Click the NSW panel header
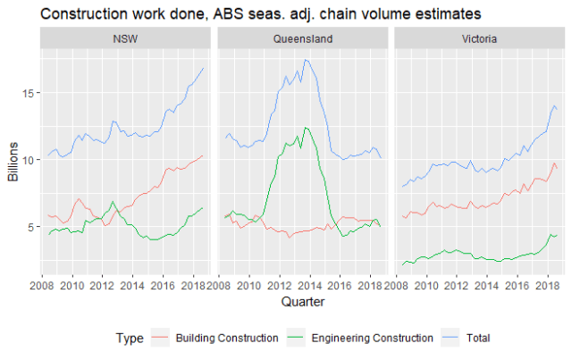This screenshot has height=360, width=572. click(x=125, y=39)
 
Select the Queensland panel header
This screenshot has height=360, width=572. click(x=301, y=39)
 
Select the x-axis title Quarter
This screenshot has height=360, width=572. click(x=300, y=303)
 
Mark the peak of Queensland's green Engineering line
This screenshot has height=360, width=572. click(x=306, y=128)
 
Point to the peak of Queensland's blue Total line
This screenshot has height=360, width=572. click(x=306, y=60)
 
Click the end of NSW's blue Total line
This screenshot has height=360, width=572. click(x=204, y=68)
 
